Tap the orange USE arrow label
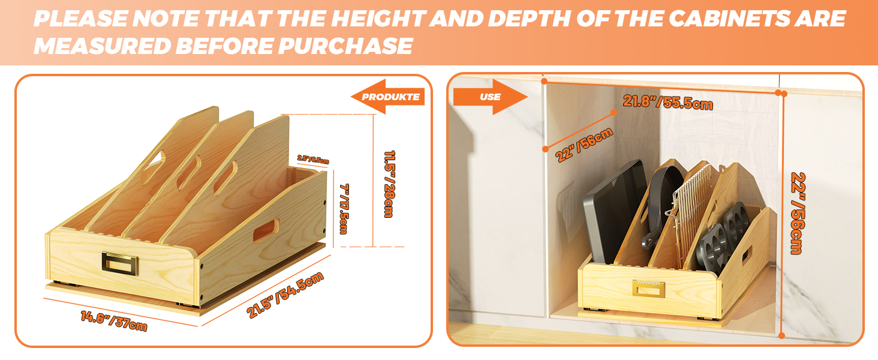(489, 97)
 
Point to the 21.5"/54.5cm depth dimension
(285, 295)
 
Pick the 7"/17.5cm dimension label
(343, 208)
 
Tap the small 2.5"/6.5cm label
(312, 160)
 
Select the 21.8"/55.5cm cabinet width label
(667, 102)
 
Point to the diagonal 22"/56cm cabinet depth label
(585, 145)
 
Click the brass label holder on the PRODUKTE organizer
(120, 262)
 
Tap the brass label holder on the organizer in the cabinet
(648, 289)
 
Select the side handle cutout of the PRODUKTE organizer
(265, 230)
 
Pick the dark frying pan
(663, 198)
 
